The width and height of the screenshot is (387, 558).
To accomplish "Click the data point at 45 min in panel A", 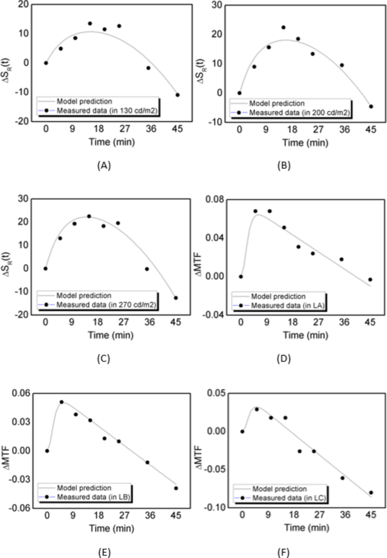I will (177, 95).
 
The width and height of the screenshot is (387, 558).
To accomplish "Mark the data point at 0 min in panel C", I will (46, 269).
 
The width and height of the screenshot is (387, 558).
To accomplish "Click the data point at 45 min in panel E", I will (176, 489).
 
